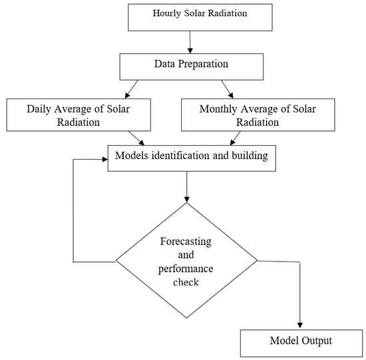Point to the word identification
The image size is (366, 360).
pyautogui.click(x=174, y=157)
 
